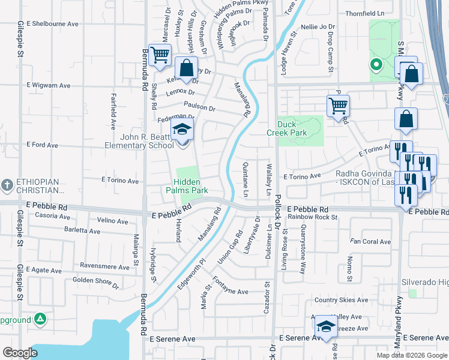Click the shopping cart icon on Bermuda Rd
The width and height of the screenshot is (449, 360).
pos(160,56)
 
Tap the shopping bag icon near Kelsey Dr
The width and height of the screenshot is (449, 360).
pos(186,67)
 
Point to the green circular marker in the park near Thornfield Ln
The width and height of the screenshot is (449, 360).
pos(376,65)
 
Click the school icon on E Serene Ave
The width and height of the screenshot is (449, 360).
pos(326,326)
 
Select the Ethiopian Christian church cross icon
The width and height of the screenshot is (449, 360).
pos(7,183)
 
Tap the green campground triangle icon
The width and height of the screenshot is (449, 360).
pos(40,319)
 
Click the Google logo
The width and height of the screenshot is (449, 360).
pos(20,353)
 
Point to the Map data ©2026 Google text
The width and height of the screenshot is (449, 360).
pos(411,355)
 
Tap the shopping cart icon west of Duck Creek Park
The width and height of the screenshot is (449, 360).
pos(339,107)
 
